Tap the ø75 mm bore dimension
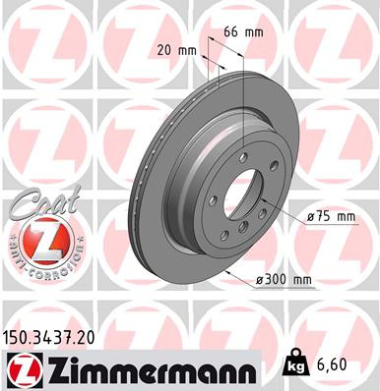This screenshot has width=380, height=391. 330,216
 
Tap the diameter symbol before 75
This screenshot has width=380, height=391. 311,216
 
